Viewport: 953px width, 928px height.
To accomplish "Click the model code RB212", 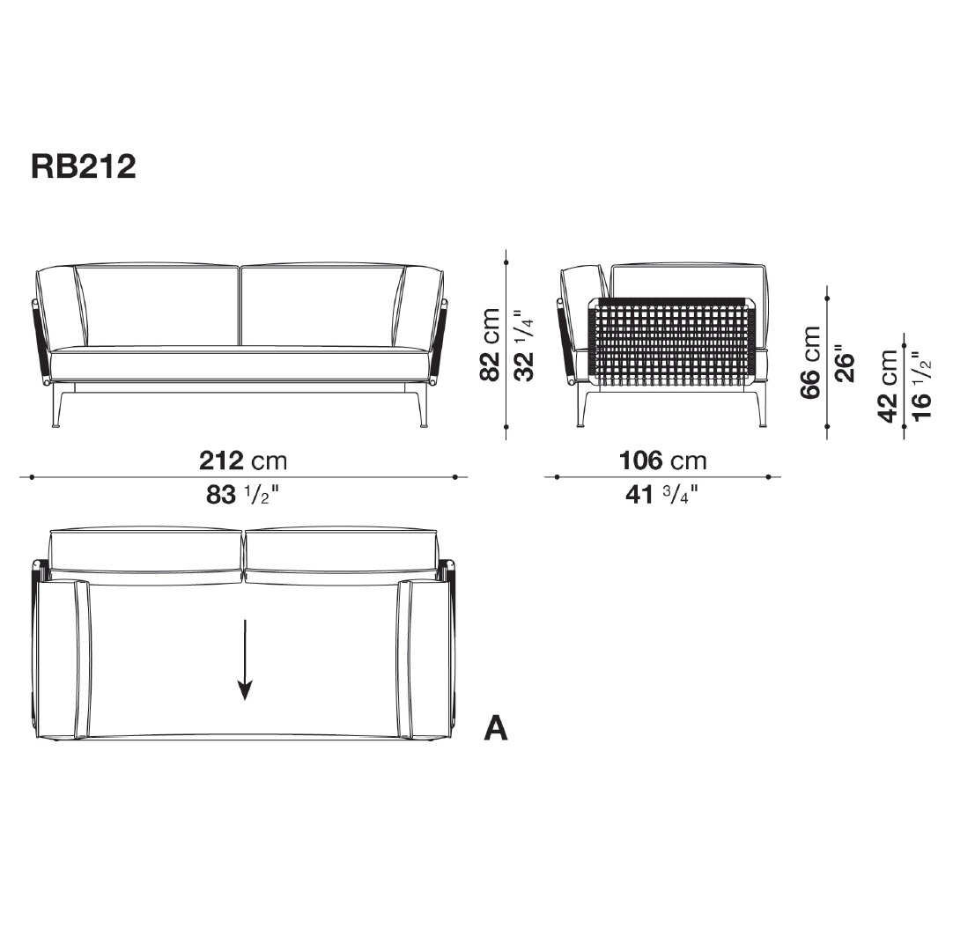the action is coord(84,166).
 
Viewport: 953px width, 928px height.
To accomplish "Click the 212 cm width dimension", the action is coord(243,460).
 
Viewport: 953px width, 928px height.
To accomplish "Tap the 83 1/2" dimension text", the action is coord(242,496).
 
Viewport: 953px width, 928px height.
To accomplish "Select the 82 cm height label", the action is coord(490,344).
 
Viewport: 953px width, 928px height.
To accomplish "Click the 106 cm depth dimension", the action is coord(662,460).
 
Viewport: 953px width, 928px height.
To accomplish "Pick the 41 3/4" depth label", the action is coord(661,495).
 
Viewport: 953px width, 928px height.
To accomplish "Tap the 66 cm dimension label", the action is coord(811,362).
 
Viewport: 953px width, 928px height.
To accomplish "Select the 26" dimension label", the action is coord(845,364).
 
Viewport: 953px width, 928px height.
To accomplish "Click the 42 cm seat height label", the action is coord(888,386).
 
